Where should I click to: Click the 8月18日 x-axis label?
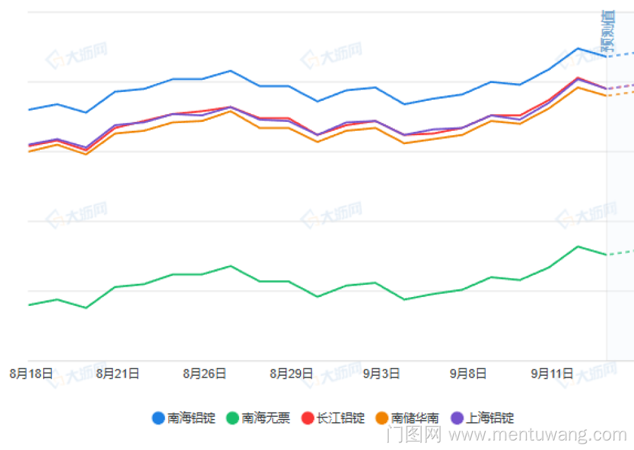pos(30,374)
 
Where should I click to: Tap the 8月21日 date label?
pos(117,374)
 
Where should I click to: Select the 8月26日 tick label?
pos(204,374)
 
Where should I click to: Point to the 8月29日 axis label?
pos(291,374)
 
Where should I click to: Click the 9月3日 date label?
pos(381,374)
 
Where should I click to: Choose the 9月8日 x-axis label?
pos(468,374)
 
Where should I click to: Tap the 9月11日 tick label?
pos(552,374)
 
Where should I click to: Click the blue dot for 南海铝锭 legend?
pos(158,418)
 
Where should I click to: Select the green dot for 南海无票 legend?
pos(233,418)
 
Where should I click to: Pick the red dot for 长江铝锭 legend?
pos(307,418)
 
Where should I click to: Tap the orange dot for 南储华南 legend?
pos(382,418)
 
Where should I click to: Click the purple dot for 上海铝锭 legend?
pos(456,418)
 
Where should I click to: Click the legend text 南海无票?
pos(266,418)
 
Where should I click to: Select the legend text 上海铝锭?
pos(489,418)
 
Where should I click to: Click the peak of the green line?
pos(578,246)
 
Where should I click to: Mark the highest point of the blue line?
pos(578,48)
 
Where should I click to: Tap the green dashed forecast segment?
pos(621,253)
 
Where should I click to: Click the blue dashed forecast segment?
pos(621,54)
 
